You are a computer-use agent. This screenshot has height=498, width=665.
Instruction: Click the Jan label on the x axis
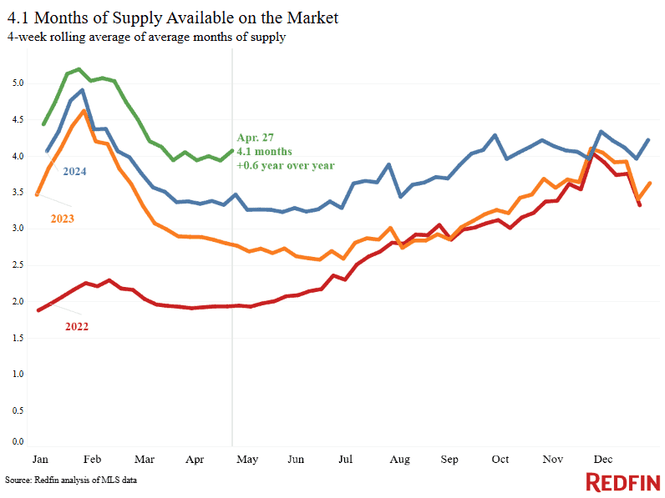coord(39,460)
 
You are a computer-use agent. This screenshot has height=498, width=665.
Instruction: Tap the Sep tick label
coord(449,460)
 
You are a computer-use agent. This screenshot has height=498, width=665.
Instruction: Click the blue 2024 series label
coord(74,172)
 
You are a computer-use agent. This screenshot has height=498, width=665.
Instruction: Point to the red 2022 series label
coord(75,326)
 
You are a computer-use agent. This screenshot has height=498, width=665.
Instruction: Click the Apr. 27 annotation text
coord(256,137)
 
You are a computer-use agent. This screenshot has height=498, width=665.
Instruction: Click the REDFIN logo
coord(622,481)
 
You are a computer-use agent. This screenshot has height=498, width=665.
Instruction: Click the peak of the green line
coord(79,69)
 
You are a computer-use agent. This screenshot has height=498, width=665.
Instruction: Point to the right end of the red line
coord(640,204)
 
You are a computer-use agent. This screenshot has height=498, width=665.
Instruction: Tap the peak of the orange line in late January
coord(84,111)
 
